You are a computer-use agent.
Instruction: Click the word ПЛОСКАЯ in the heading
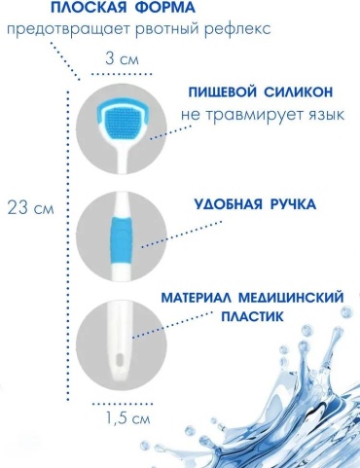tap(89, 7)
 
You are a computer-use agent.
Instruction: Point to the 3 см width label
tap(122, 59)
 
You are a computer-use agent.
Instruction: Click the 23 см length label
tap(30, 208)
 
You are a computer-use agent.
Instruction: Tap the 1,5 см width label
tap(127, 418)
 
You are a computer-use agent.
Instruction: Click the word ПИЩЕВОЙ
tap(222, 92)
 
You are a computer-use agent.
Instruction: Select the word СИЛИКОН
tap(298, 92)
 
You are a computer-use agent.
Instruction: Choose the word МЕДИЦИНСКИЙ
tap(290, 298)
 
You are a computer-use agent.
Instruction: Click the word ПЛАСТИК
tap(252, 316)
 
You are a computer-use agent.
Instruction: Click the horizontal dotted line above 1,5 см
tap(123, 404)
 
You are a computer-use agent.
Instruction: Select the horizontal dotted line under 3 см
tap(122, 74)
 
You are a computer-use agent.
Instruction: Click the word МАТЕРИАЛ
tap(195, 298)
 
